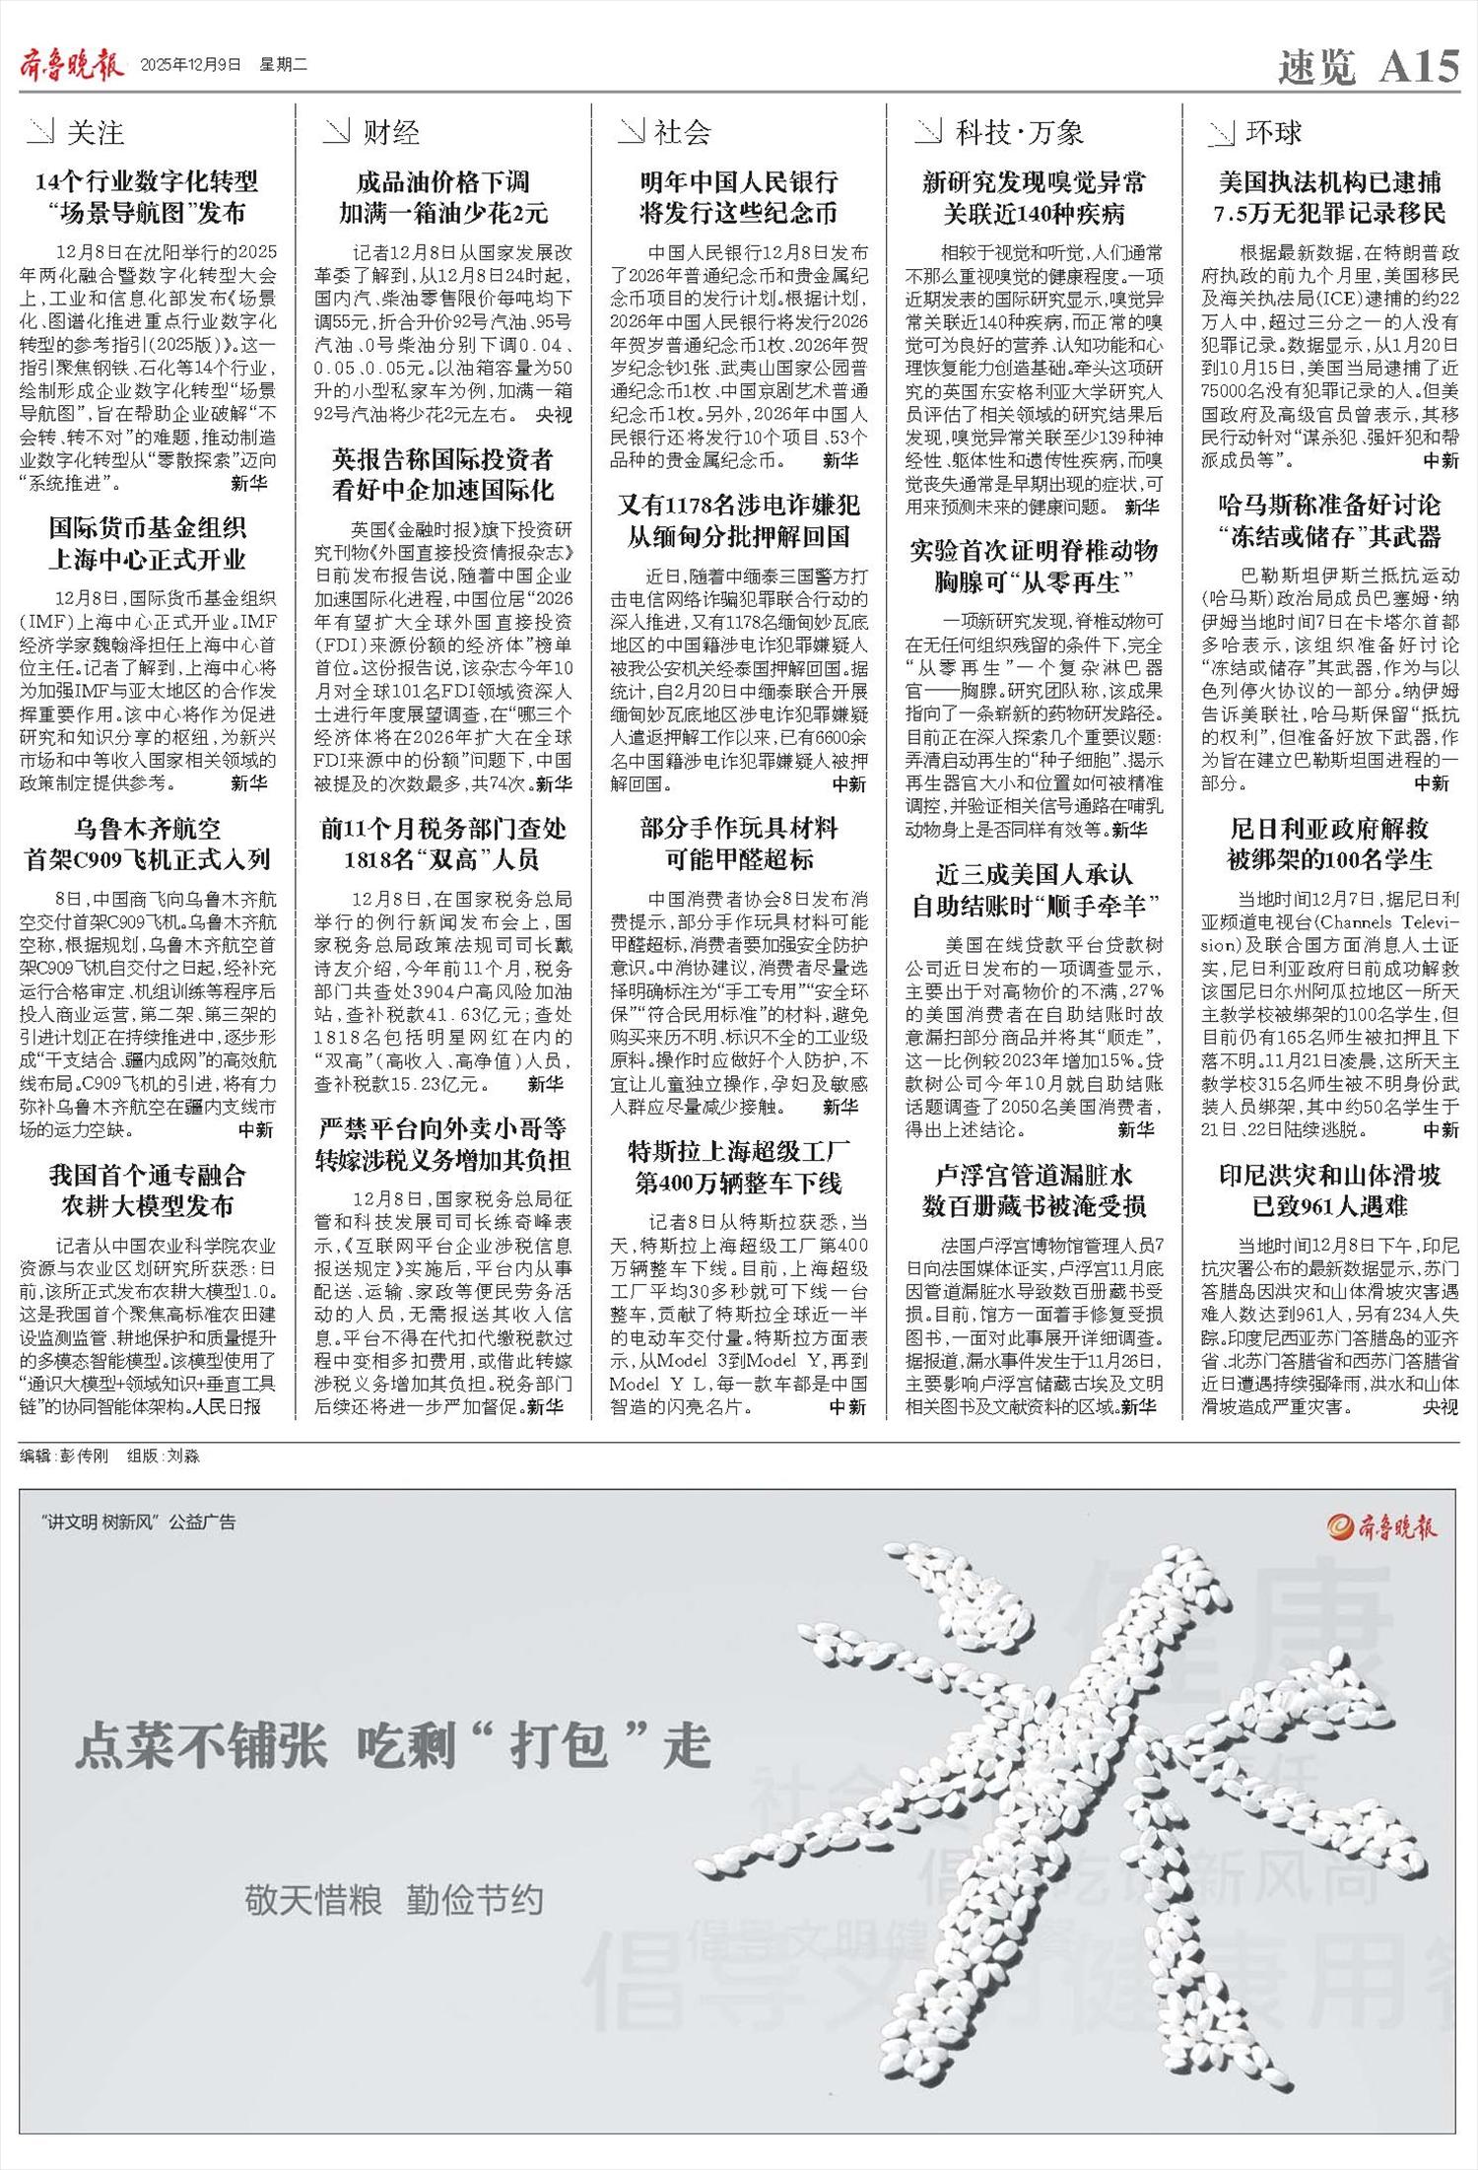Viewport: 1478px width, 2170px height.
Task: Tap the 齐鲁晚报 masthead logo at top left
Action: click(72, 66)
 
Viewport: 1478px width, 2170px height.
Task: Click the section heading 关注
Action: click(95, 132)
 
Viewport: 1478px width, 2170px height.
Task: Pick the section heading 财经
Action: click(390, 132)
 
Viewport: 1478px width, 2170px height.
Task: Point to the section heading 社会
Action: click(682, 132)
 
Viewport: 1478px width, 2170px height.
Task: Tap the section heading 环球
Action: click(1273, 132)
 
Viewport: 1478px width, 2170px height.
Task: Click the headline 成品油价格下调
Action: click(442, 181)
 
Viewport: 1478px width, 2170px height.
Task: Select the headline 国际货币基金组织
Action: click(147, 527)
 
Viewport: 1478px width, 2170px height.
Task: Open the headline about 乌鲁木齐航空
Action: click(147, 828)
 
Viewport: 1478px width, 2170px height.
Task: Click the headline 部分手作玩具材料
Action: click(738, 828)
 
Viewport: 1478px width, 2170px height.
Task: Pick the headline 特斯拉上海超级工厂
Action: click(738, 1151)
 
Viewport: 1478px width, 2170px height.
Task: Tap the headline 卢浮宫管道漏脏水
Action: click(1034, 1175)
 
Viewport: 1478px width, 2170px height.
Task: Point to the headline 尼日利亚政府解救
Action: click(1329, 828)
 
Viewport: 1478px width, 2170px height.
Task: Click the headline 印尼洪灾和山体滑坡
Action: click(1329, 1175)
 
